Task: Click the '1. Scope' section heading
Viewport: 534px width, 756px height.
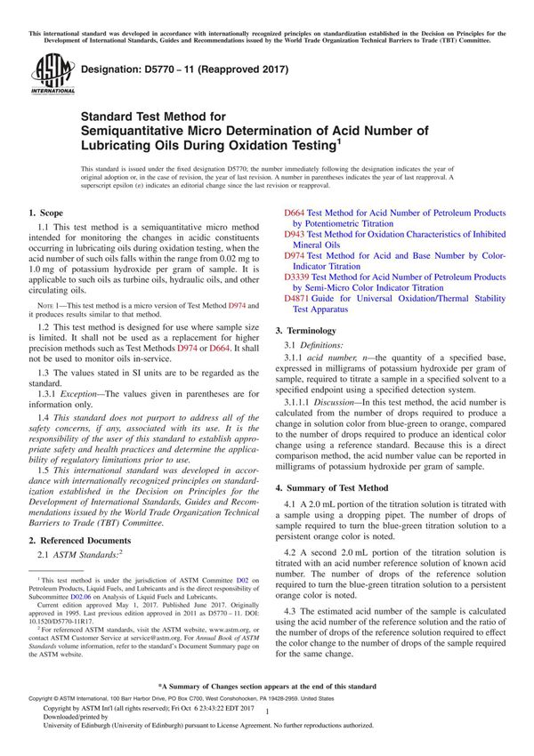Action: (x=45, y=213)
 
